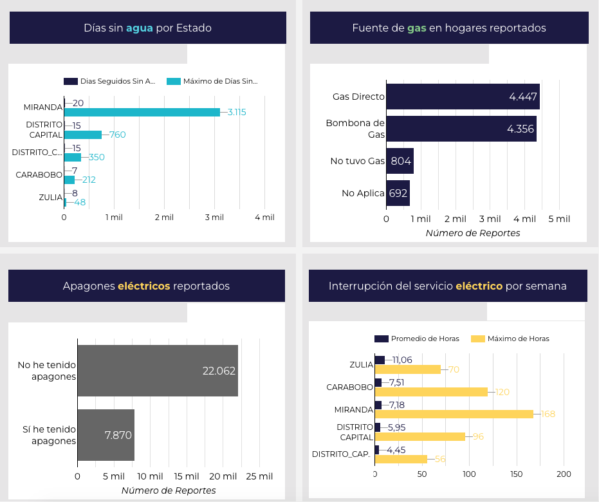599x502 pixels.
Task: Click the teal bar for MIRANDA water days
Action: [x=142, y=112]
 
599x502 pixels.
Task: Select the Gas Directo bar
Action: [x=463, y=97]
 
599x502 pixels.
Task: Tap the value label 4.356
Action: [x=521, y=129]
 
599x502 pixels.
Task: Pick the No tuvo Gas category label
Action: [x=357, y=161]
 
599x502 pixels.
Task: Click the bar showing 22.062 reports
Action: [x=158, y=371]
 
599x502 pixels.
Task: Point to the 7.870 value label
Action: [x=118, y=435]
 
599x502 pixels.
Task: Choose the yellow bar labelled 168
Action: [x=454, y=414]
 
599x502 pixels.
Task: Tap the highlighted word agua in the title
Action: [x=139, y=28]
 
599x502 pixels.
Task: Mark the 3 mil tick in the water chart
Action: [x=215, y=218]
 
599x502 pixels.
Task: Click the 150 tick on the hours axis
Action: [x=517, y=474]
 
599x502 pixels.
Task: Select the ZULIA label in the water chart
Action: [x=50, y=198]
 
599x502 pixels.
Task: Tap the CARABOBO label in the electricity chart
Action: [x=349, y=387]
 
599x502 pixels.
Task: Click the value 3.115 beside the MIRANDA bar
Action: [x=237, y=112]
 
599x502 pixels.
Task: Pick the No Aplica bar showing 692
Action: [x=398, y=193]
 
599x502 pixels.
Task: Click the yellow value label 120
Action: [x=502, y=392]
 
